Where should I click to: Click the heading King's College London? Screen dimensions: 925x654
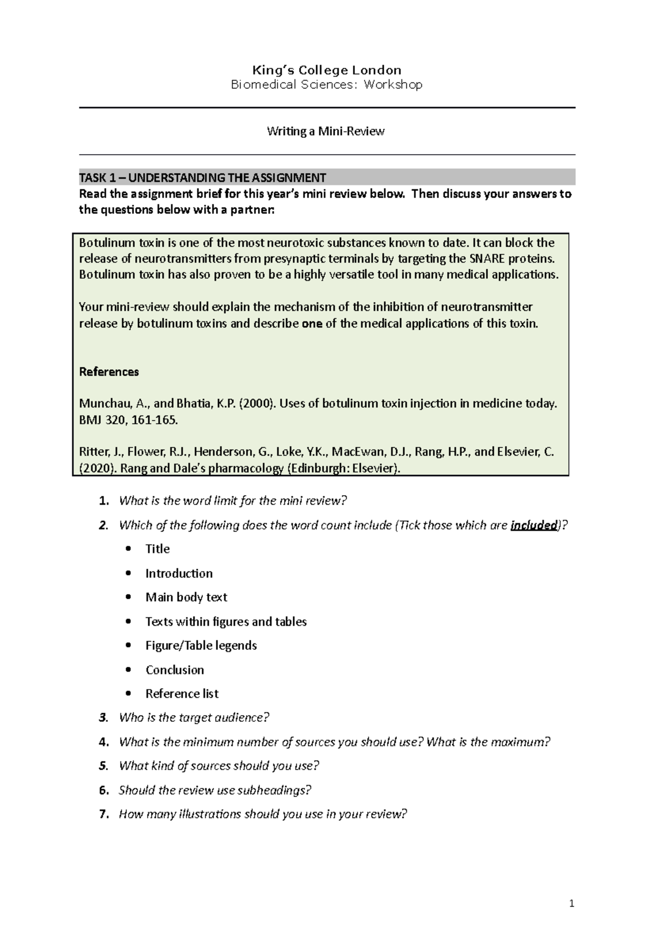(326, 70)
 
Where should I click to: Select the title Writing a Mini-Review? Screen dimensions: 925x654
(325, 131)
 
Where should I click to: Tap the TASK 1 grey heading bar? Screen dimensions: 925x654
(327, 178)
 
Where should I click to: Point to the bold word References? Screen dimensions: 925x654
(109, 372)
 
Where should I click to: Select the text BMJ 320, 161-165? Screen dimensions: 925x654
(128, 420)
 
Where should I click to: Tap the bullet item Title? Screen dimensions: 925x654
(158, 549)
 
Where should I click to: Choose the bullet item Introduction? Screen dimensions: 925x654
(179, 574)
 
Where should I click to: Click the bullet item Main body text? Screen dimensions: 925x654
(186, 598)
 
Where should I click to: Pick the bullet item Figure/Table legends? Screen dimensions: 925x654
(201, 646)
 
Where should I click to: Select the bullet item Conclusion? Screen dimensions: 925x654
(174, 670)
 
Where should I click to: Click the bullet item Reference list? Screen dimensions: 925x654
(181, 694)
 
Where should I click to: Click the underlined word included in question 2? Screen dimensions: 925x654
(534, 526)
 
